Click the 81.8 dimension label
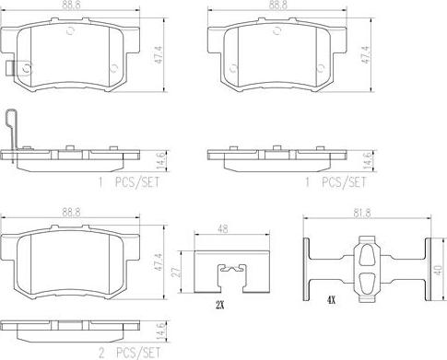coord(362,213)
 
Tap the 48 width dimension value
coord(225,229)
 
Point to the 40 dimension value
coord(439,270)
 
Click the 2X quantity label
coord(220,305)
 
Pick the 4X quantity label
coord(331,300)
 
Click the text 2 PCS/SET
coord(129,353)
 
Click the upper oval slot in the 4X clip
coord(367,254)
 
